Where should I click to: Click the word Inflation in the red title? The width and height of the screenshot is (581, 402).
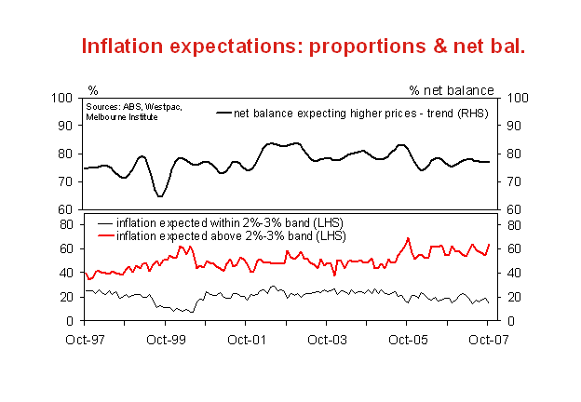point(125,46)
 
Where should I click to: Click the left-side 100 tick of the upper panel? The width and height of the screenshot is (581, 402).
point(63,98)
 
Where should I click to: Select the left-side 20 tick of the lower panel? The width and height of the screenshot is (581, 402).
point(67,297)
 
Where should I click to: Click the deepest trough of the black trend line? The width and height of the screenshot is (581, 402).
point(160,196)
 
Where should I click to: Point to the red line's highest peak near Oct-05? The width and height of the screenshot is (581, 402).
point(408,238)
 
